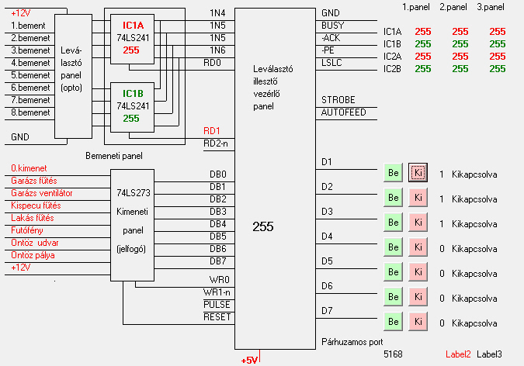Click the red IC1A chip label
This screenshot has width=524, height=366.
click(130, 23)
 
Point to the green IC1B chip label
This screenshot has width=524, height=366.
click(130, 92)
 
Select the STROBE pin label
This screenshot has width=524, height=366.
click(338, 100)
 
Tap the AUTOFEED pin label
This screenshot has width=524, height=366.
click(343, 113)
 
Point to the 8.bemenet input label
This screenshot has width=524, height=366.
click(30, 112)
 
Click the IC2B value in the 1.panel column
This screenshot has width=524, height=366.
click(422, 69)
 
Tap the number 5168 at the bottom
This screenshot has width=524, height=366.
click(394, 354)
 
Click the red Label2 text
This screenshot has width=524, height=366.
click(458, 354)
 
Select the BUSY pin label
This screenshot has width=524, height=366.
click(333, 25)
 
